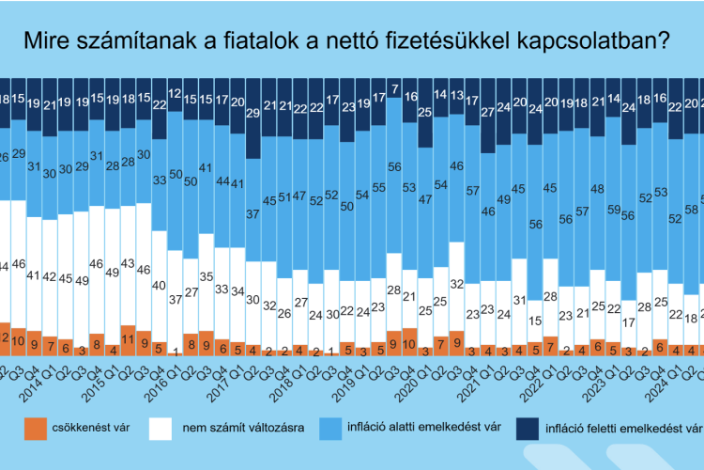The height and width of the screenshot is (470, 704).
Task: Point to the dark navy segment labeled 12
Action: coord(176,94)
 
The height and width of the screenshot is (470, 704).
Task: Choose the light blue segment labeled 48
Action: coord(598,189)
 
